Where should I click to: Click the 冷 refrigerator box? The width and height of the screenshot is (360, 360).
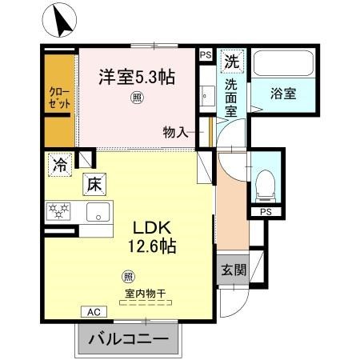(x=60, y=165)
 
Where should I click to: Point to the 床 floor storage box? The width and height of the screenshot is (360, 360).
(x=94, y=186)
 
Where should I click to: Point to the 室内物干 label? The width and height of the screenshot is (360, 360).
(x=145, y=294)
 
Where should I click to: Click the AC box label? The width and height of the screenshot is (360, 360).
(x=92, y=312)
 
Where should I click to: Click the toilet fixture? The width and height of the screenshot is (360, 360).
(x=263, y=183)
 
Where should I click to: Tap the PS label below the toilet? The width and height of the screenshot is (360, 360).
(x=264, y=212)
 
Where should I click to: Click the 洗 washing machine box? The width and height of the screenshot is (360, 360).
(x=230, y=61)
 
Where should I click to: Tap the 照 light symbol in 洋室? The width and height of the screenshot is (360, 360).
(x=138, y=100)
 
